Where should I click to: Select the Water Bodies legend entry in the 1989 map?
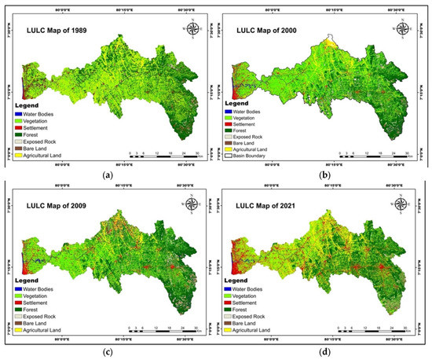pyautogui.click(x=35, y=113)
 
